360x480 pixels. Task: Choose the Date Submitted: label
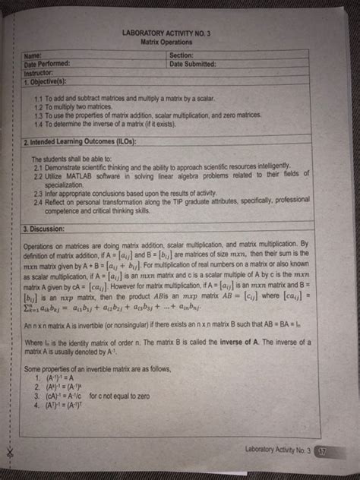(x=195, y=64)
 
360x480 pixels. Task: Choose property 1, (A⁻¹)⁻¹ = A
(x=61, y=377)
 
